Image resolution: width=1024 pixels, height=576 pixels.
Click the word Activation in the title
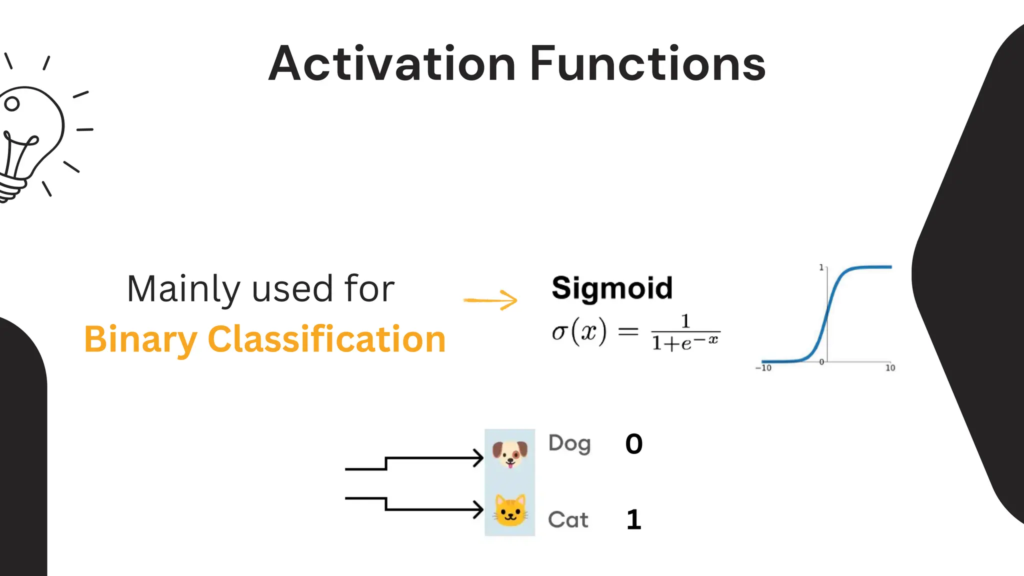(x=391, y=64)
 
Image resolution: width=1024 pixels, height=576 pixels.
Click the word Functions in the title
(x=647, y=64)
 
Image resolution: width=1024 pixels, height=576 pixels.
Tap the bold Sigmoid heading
(x=612, y=288)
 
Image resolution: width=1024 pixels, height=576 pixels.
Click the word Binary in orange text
(x=140, y=339)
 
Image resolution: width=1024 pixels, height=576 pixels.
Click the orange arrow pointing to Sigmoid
(x=490, y=300)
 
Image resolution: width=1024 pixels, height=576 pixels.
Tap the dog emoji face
(x=509, y=453)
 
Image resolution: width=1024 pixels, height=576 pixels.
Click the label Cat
(x=568, y=520)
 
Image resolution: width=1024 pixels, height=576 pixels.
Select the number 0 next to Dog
(x=633, y=444)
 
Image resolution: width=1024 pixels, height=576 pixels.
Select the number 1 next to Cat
(x=633, y=520)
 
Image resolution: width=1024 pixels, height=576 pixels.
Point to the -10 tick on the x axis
(x=763, y=368)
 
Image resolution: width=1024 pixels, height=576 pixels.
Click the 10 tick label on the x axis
(x=890, y=368)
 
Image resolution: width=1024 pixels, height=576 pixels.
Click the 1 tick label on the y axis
(x=821, y=267)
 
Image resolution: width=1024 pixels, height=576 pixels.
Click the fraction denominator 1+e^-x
(x=685, y=343)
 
